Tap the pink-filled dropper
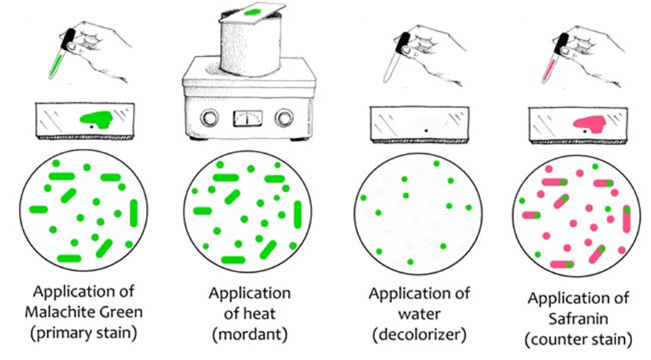tap(554, 62)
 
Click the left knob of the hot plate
tap(210, 118)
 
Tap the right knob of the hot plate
tap(284, 118)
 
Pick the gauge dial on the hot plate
tap(247, 118)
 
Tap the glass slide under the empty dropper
tap(419, 122)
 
